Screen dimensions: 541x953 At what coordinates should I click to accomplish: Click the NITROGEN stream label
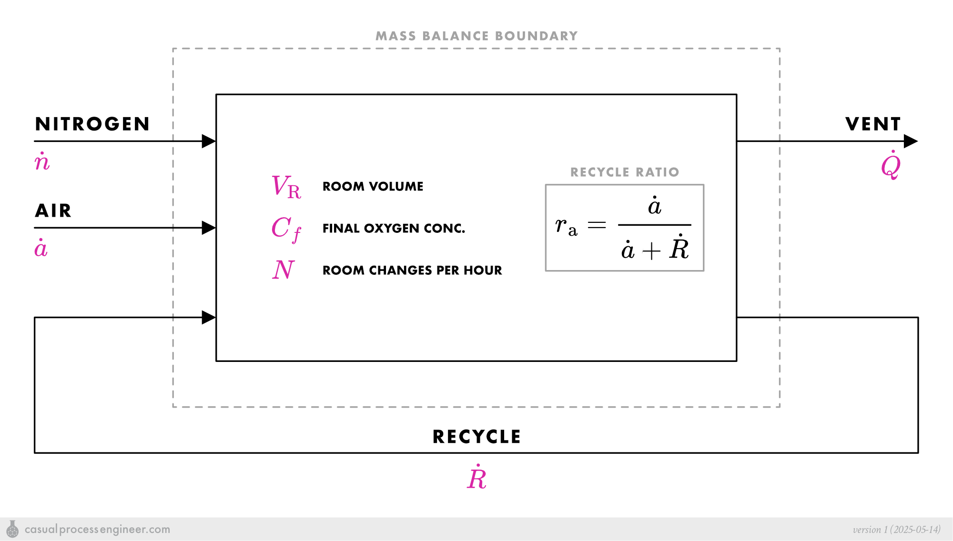coord(92,124)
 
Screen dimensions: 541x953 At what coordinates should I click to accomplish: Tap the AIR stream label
coord(53,210)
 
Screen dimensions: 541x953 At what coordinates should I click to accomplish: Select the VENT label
coord(873,124)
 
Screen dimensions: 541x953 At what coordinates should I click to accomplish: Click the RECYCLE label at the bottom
coord(476,437)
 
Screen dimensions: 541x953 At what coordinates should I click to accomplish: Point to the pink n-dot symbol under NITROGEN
coord(42,162)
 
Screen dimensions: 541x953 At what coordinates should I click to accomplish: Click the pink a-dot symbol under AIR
coord(41,248)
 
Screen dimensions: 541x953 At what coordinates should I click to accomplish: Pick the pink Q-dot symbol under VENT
coord(891,165)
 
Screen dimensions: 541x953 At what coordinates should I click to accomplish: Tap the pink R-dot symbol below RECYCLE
coord(476,478)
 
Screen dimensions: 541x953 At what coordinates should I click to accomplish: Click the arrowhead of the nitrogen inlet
coord(209,141)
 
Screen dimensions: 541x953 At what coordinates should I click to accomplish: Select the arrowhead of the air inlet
coord(209,228)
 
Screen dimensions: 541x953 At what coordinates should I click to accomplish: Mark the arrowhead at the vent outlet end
coord(910,141)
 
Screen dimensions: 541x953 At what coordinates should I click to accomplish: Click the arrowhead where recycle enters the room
coord(209,317)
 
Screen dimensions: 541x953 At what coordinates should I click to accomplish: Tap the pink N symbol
coord(284,270)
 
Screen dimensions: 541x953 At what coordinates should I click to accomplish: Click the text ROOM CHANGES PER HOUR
coord(412,270)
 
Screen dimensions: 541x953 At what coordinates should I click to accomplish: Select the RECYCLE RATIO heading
coord(625,172)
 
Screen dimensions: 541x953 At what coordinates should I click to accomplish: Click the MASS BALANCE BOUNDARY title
coord(476,36)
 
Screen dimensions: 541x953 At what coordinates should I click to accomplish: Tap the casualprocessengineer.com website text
coord(97,529)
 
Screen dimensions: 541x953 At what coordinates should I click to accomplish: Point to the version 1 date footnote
coord(896,530)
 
